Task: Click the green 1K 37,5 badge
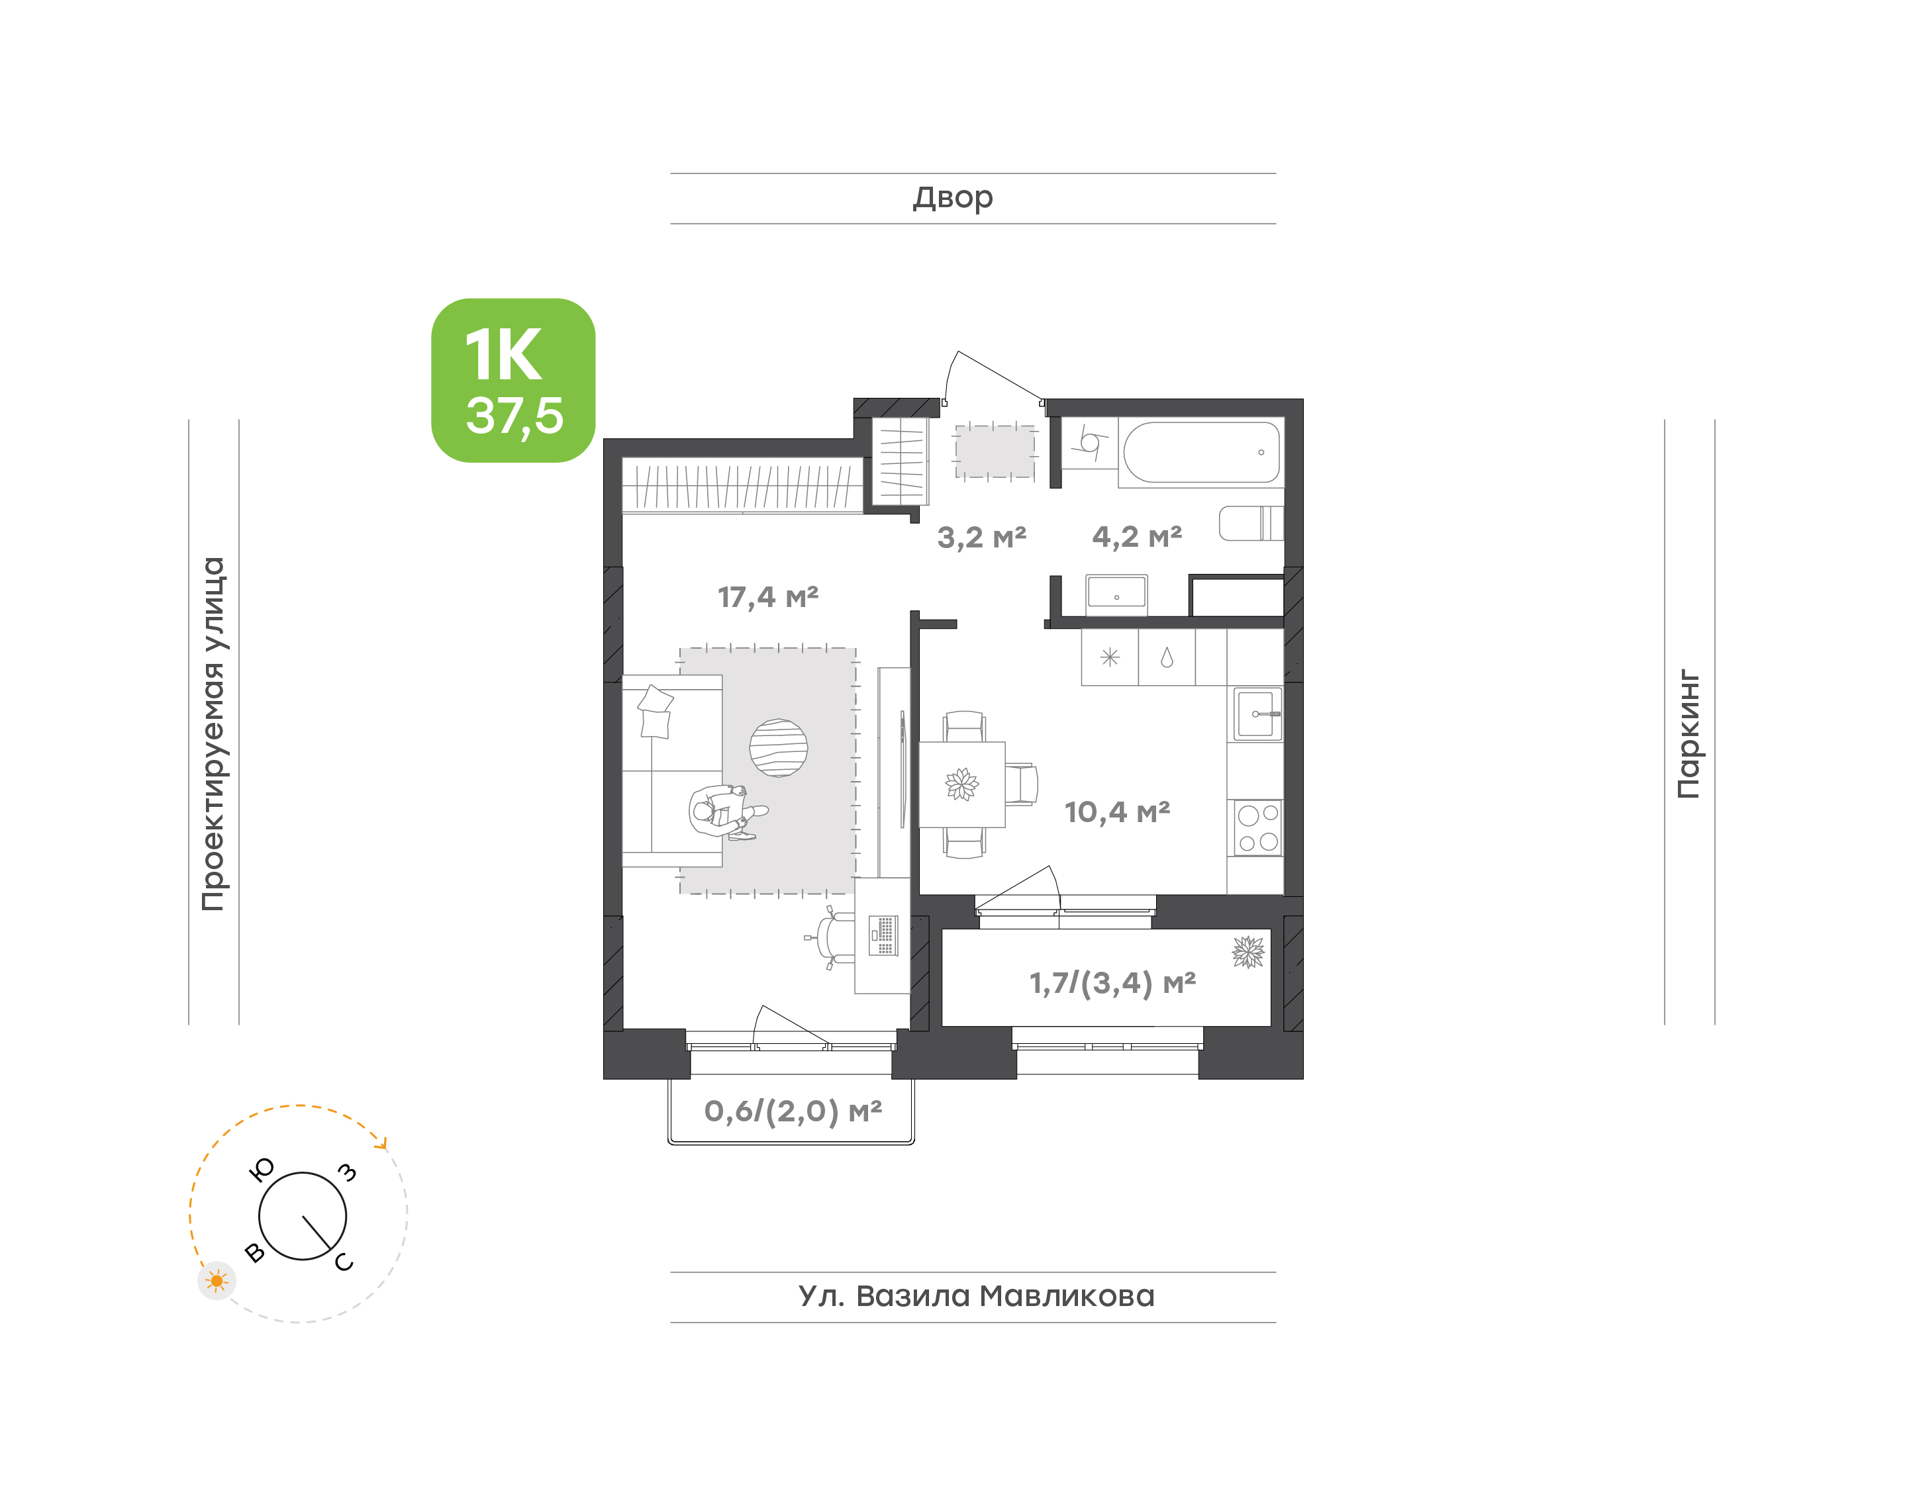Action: pos(513,380)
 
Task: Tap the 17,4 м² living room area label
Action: pos(767,597)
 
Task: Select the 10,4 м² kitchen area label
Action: pos(1117,812)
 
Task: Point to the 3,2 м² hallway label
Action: pos(981,537)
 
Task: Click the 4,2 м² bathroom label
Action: pos(1136,536)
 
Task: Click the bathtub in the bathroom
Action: pos(1201,452)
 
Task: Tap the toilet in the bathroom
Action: pos(1251,523)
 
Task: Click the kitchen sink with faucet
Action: pos(1258,714)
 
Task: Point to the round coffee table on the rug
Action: pos(778,748)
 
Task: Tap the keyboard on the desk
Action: pos(883,935)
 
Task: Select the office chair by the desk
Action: pos(832,937)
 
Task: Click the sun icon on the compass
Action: pos(217,1282)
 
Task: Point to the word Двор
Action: pos(953,198)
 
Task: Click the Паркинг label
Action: pos(1688,734)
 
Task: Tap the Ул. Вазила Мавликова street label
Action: pos(976,1296)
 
